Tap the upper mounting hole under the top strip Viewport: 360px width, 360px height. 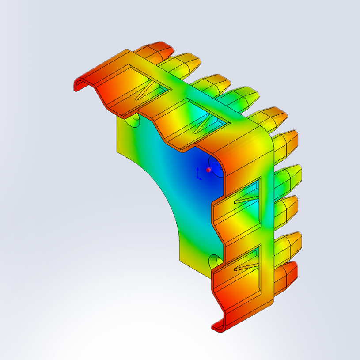133,121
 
